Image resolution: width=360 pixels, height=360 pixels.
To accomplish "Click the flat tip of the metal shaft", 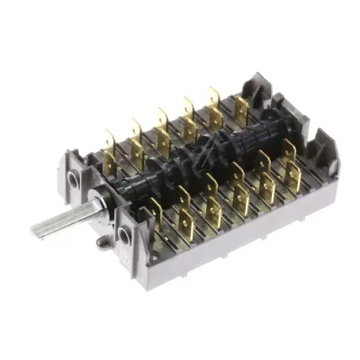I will tap(38, 230).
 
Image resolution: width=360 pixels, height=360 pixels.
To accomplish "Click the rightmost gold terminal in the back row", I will tap(241, 109).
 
